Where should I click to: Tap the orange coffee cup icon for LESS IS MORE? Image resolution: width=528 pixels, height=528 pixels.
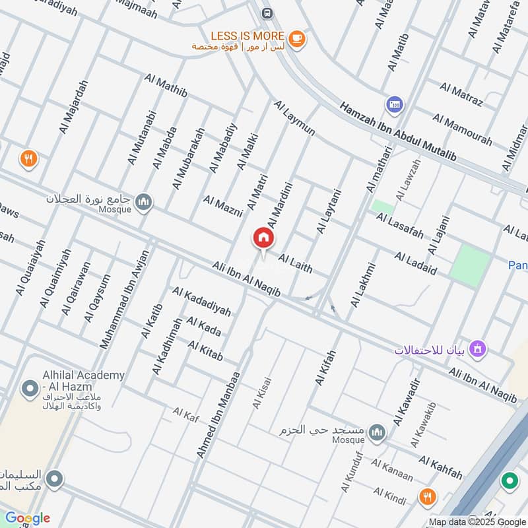point(297,40)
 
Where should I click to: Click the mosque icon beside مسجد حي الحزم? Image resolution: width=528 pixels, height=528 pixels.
point(377,432)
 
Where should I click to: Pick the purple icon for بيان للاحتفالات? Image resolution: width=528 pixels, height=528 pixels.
point(479,348)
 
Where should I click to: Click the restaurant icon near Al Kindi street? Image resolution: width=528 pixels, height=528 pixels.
point(428,496)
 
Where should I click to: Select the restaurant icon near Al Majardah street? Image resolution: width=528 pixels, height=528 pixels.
point(28,158)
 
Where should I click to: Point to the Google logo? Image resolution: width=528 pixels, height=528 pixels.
point(28,518)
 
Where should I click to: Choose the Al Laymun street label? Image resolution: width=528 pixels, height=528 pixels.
point(294,118)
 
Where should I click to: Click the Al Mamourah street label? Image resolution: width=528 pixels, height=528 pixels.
point(462,130)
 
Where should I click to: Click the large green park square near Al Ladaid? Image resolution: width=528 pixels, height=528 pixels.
point(471,265)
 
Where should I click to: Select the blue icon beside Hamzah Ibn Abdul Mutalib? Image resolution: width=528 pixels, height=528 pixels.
point(395,104)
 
